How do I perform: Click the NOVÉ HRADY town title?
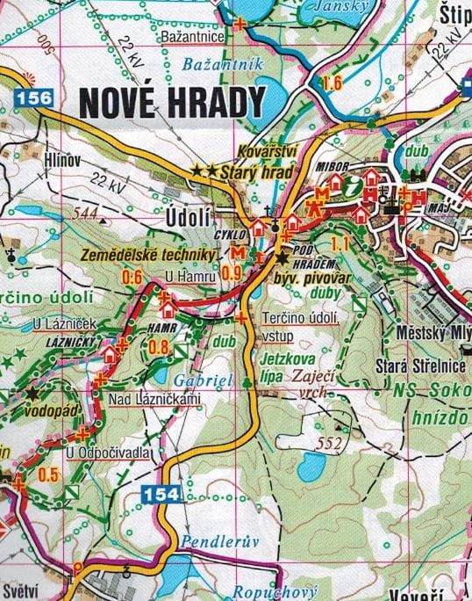171,102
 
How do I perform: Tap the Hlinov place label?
62,159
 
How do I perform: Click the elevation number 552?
330,442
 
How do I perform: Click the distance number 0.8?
159,345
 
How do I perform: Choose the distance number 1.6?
331,84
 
